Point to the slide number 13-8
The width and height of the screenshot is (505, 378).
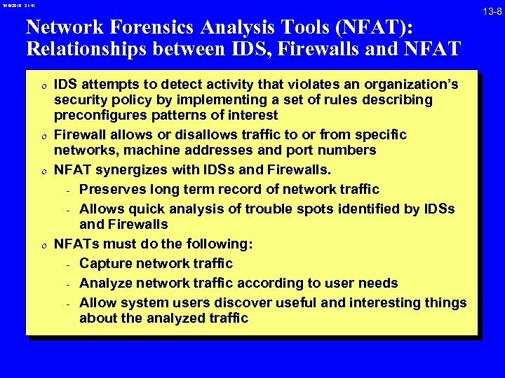[490, 10]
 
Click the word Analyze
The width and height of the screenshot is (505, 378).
[106, 283]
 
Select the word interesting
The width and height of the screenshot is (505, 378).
[381, 302]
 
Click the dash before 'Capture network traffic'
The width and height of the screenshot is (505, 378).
[68, 265]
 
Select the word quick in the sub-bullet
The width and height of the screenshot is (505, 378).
[142, 209]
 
